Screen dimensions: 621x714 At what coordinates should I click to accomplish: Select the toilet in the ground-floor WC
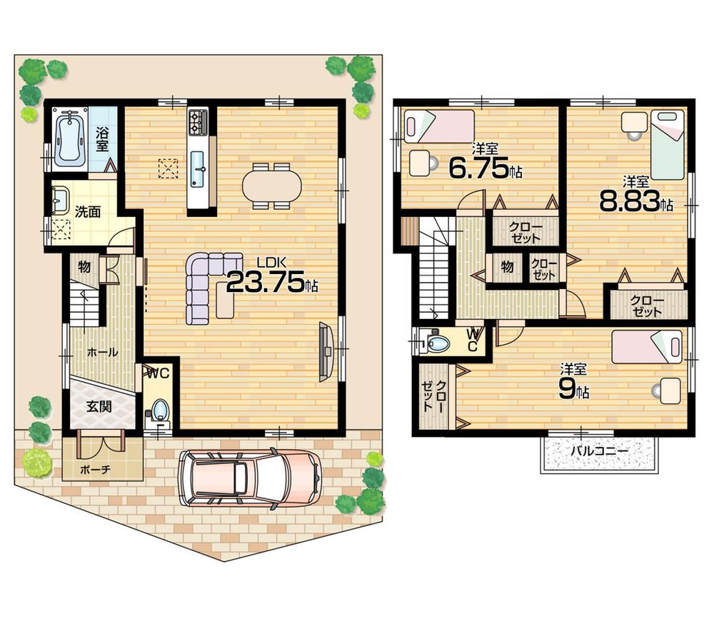tap(160, 410)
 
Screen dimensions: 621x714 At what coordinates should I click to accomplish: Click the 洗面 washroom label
tap(88, 211)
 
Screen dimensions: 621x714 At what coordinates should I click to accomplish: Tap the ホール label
tap(102, 352)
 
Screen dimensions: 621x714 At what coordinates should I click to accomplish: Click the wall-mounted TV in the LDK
tap(326, 350)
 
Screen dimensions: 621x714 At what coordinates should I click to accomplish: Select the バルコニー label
tap(598, 452)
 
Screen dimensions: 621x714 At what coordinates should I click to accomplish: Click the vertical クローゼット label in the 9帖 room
tap(434, 396)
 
